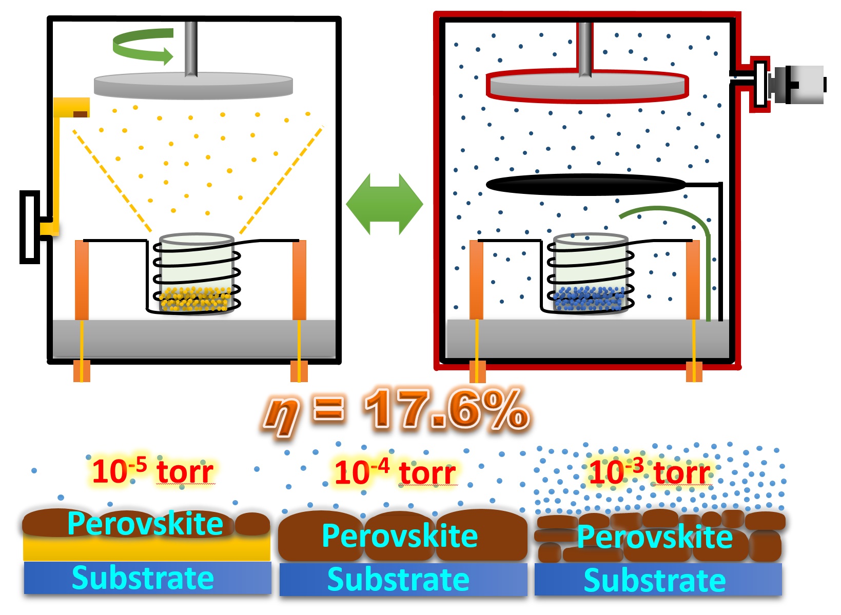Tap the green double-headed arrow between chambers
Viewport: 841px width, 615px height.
[x=384, y=204]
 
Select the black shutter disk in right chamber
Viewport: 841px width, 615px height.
[x=585, y=185]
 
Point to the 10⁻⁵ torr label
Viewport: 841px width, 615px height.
[x=152, y=471]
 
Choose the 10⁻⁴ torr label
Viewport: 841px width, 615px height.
[x=395, y=472]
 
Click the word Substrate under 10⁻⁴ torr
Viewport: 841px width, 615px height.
[x=399, y=580]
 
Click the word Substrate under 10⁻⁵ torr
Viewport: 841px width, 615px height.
[x=143, y=578]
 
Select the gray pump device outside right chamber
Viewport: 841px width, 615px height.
[x=798, y=85]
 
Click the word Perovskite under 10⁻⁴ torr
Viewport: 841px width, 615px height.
[x=400, y=536]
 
